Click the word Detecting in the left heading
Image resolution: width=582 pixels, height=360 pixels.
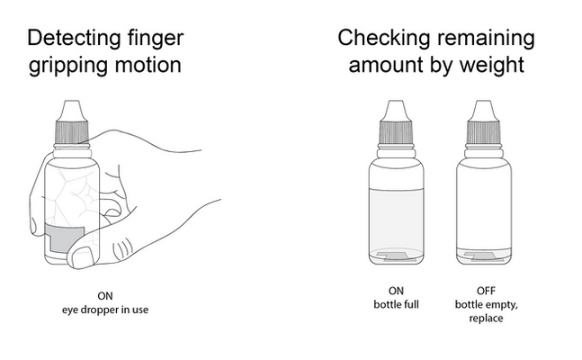coord(75,38)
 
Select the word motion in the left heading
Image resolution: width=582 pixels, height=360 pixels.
coord(148,64)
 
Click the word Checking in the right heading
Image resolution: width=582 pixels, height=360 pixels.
coord(383,38)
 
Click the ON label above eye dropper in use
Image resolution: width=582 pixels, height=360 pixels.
coord(105,296)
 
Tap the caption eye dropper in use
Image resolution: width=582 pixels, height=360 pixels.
coord(105,310)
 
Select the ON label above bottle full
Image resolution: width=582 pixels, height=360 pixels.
coord(396,291)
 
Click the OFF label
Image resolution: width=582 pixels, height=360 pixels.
coord(487,291)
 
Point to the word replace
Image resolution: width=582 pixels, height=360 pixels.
coord(487,319)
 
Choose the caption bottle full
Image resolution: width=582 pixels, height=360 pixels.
coord(396,304)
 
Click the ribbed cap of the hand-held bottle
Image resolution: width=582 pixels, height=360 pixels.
coord(72,132)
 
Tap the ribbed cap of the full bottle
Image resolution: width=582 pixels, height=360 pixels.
coord(396,132)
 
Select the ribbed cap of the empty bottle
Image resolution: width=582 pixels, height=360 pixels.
coord(484,132)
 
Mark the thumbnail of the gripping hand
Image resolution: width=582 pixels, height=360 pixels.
coord(82,257)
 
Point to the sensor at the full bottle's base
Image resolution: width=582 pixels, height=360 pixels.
coord(396,256)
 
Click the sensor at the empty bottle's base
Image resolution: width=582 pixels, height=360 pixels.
coord(484,256)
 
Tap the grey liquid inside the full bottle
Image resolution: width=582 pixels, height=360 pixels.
coord(396,220)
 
